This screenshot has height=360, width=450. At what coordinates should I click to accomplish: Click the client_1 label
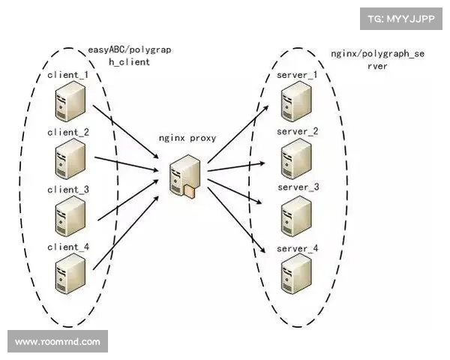pos(67,76)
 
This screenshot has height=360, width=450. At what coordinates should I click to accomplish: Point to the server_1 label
pos(297,76)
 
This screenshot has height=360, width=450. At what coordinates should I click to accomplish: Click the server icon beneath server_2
pos(295,159)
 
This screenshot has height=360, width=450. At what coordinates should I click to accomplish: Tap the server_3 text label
pos(298,187)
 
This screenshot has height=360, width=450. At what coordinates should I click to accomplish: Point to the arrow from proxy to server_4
pos(238,222)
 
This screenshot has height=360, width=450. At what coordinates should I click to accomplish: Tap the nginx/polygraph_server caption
pos(376,60)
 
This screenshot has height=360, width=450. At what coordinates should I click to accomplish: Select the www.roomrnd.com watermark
pos(57,342)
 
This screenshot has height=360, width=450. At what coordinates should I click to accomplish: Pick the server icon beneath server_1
pos(295,103)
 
